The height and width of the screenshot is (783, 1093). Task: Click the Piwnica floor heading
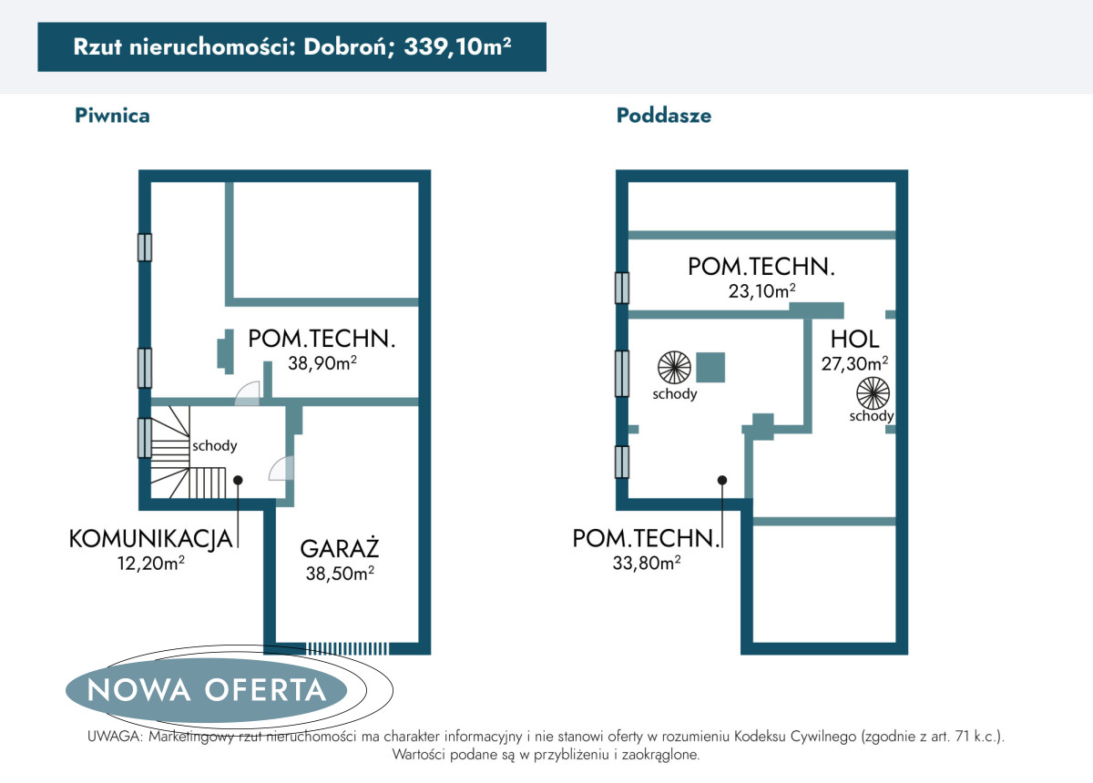coord(112,116)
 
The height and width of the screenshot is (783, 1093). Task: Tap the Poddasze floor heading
coord(664,116)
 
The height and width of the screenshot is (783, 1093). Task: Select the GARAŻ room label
coord(340,548)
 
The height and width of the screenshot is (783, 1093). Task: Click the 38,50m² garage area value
coord(340,574)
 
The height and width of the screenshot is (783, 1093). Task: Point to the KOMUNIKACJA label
coord(151,539)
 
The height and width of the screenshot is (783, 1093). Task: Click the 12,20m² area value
coord(151,563)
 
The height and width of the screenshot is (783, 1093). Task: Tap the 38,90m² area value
coord(322,363)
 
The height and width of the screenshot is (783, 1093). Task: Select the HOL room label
coord(854,339)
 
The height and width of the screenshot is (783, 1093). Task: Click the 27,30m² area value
coord(854,363)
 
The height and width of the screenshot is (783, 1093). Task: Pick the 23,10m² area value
coord(761,291)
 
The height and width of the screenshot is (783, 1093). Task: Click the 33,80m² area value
coord(647,563)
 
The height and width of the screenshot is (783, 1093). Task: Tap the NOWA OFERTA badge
coord(207,690)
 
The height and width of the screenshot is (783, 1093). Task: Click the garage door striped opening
coord(347,648)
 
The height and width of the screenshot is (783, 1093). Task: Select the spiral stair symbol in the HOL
coord(873,393)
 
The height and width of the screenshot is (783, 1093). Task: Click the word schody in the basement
coord(215,446)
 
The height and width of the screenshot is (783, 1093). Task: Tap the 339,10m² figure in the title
coord(457,46)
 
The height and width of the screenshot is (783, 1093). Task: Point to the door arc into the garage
coord(281,468)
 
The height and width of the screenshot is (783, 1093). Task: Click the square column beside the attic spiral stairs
coord(710,367)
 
